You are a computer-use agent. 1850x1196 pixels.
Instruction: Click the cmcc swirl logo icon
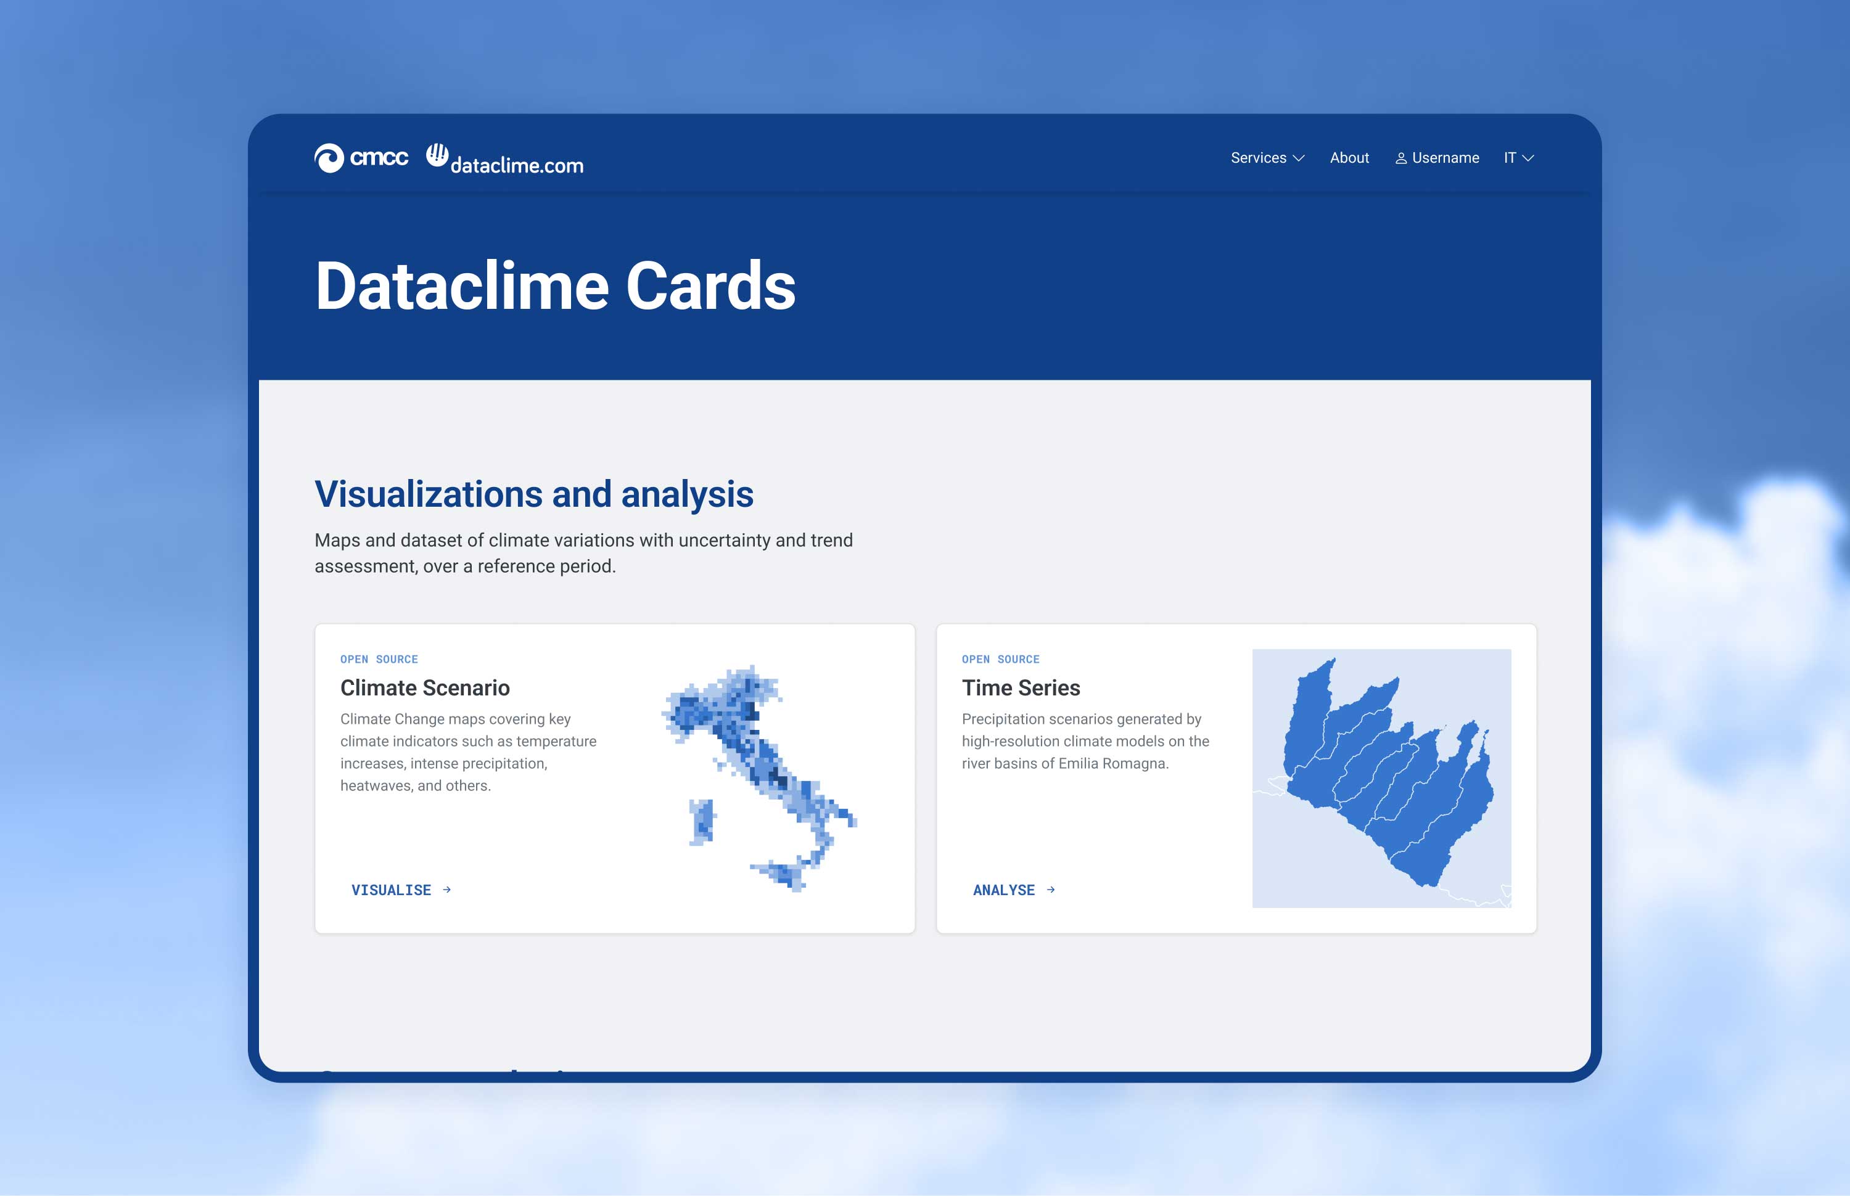click(329, 158)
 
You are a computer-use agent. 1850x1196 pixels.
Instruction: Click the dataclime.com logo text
click(517, 165)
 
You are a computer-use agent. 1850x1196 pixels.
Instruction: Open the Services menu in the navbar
click(1267, 158)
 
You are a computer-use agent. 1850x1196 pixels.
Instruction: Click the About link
click(1349, 158)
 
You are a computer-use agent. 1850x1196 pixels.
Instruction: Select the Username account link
click(1445, 158)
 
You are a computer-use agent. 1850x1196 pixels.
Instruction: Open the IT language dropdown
click(1518, 158)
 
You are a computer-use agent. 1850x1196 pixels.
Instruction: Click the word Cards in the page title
click(710, 286)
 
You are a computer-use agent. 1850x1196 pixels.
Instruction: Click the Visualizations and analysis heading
click(533, 494)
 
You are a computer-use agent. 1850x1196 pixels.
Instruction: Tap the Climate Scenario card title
click(425, 688)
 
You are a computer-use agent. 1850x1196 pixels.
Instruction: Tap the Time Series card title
click(1021, 688)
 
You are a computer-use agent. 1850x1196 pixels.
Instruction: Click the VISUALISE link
click(392, 890)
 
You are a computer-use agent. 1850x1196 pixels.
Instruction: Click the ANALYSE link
click(1003, 890)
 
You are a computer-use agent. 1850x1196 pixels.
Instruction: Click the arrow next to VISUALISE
click(446, 890)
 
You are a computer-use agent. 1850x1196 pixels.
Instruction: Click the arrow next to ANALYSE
click(1051, 890)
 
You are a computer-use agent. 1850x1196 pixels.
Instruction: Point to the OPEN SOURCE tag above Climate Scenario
click(379, 660)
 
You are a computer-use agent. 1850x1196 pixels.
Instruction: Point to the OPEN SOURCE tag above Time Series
click(1000, 660)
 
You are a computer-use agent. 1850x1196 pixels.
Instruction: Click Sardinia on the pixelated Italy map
click(703, 822)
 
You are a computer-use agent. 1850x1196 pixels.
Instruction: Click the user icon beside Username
click(1401, 158)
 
